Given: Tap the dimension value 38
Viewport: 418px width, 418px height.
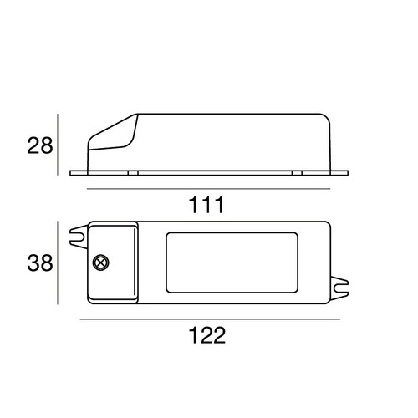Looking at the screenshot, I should point(38,263).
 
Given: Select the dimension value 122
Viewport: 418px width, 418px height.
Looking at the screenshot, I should point(205,335).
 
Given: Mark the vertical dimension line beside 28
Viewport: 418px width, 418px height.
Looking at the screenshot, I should point(58,144).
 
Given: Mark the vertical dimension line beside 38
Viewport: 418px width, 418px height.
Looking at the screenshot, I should point(58,263).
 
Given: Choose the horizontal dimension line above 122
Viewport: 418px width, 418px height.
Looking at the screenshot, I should point(209,319).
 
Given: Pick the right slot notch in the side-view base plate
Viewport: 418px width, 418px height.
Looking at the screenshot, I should point(297,173).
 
